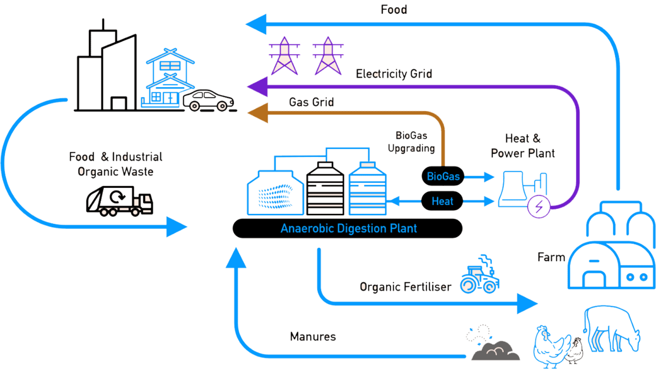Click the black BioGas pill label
443,176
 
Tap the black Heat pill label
442,201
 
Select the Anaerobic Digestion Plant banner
348,228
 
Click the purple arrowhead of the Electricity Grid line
258,87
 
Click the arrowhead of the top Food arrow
257,24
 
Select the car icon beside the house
208,100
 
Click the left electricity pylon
284,56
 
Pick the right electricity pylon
328,56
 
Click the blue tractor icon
480,278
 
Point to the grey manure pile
495,350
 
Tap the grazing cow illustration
612,329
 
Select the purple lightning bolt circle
539,207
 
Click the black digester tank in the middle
325,189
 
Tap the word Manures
313,337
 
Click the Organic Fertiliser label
405,287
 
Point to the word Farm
551,257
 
